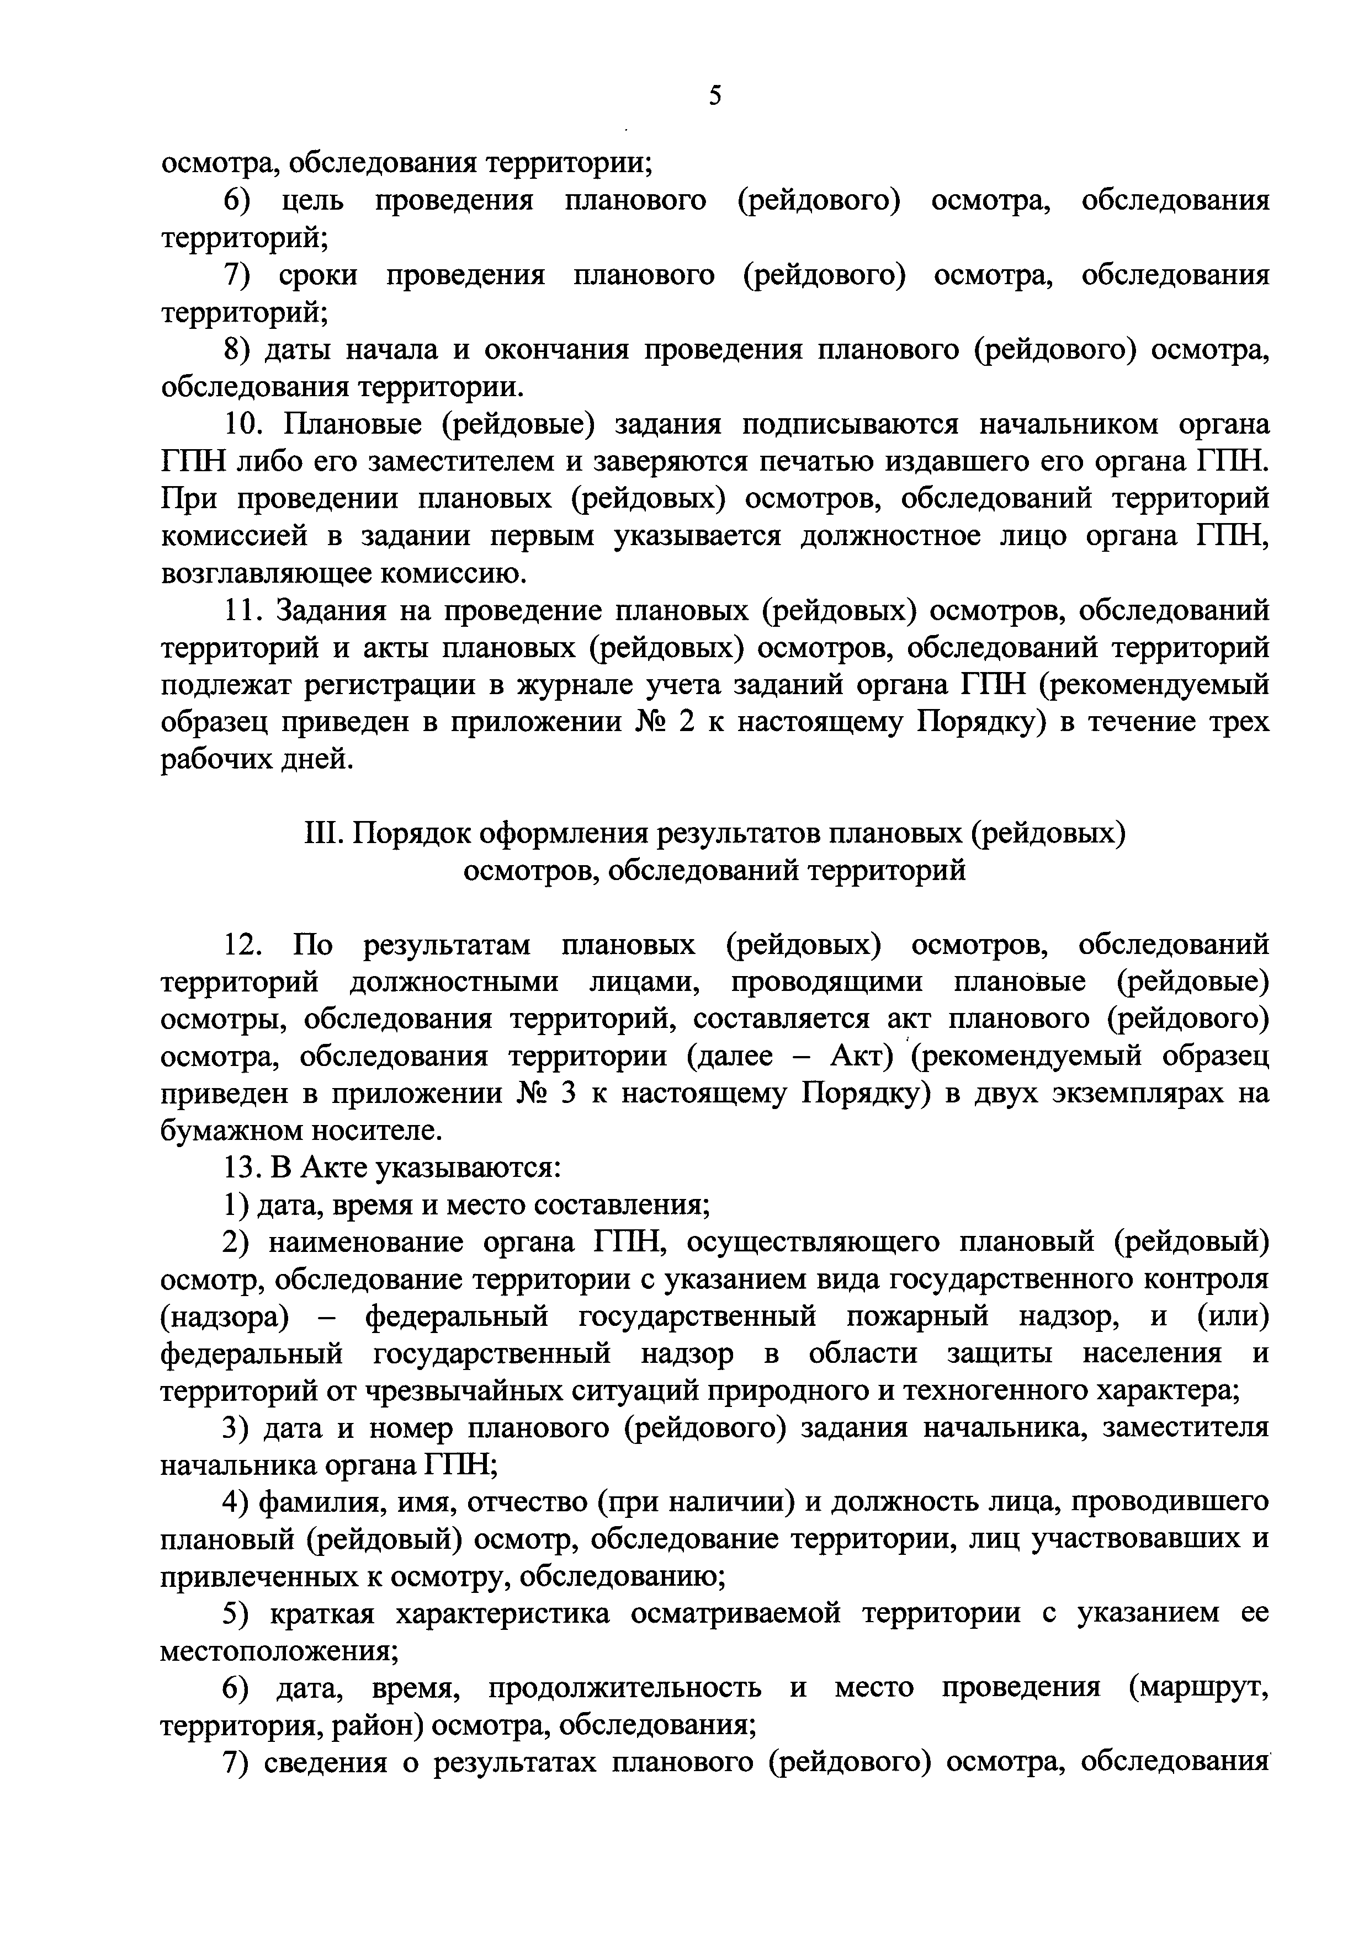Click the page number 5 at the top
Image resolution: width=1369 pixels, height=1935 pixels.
tap(715, 96)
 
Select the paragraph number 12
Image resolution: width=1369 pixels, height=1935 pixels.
tap(245, 946)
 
